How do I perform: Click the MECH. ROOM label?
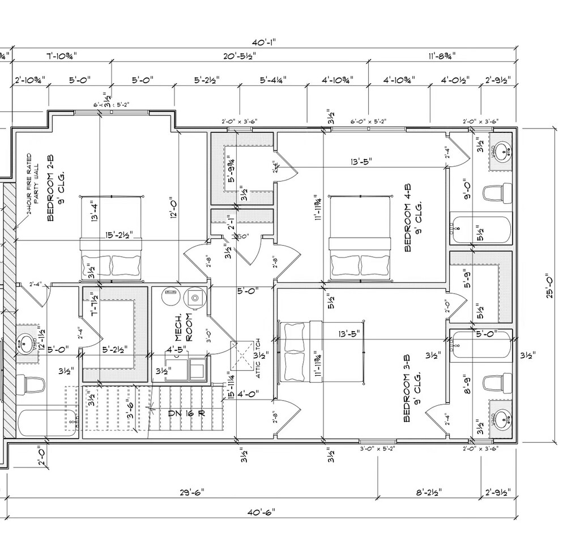tap(184, 327)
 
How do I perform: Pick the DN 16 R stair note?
tap(186, 413)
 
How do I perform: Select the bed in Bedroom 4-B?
tap(360, 238)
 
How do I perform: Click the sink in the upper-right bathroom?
tap(501, 151)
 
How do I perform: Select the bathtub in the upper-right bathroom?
tap(481, 230)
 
